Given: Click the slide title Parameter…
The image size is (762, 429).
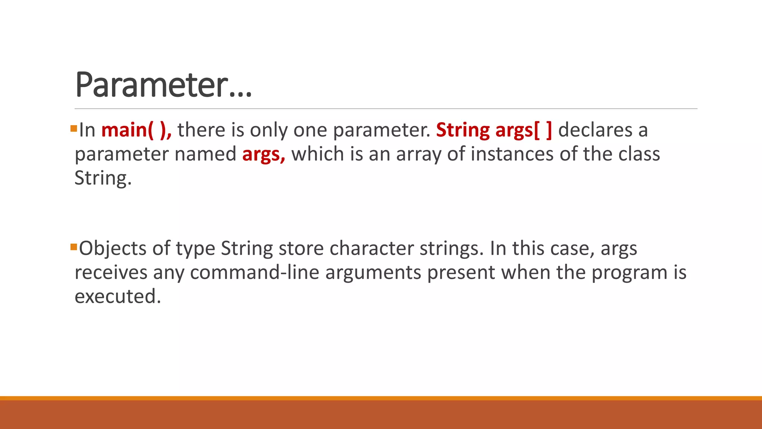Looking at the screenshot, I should coord(164,85).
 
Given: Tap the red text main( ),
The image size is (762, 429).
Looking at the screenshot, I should coord(136,130).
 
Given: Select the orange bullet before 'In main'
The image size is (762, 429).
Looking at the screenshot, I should coord(73,129).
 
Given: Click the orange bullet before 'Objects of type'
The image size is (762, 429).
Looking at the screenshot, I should coord(73,247).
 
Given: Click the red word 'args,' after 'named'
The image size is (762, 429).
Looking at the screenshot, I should coord(263,154).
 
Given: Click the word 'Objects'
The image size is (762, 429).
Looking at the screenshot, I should coord(113,248).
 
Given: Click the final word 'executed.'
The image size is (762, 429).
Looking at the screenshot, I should coord(118,296).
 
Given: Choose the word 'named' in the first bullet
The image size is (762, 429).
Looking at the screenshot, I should coord(205,154).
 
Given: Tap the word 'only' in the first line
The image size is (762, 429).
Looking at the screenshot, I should coord(269,130).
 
